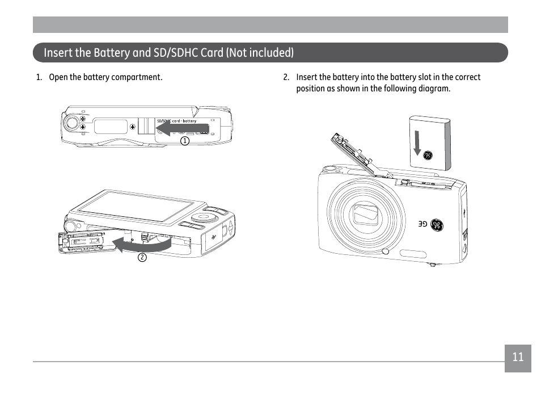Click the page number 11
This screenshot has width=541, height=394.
pyautogui.click(x=518, y=357)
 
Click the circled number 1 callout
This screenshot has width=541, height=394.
pyautogui.click(x=185, y=141)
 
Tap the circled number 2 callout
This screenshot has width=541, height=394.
pyautogui.click(x=142, y=257)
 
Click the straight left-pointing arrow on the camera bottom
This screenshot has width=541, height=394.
pyautogui.click(x=183, y=129)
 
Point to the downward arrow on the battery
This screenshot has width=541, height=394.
pyautogui.click(x=417, y=142)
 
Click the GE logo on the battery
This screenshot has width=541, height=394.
pyautogui.click(x=428, y=156)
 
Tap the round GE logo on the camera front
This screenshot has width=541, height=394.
pyautogui.click(x=437, y=225)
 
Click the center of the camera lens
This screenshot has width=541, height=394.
pyautogui.click(x=366, y=214)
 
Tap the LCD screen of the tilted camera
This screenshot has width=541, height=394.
pyautogui.click(x=136, y=207)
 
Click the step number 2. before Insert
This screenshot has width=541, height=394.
pyautogui.click(x=286, y=77)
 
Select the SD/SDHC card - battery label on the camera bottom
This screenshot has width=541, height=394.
pyautogui.click(x=177, y=121)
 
